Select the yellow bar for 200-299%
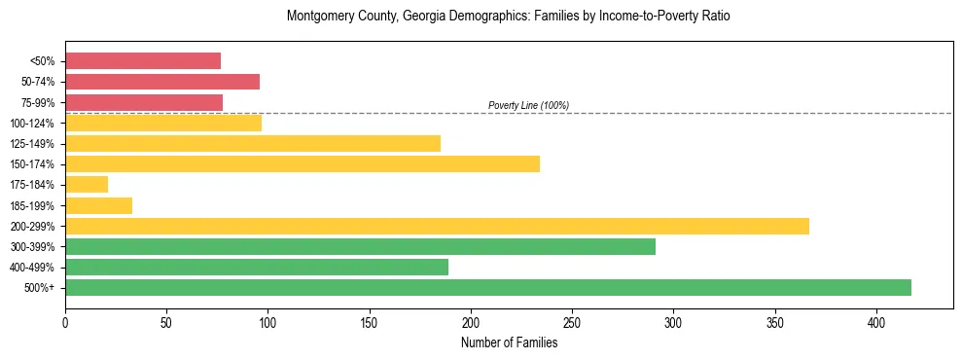[x=437, y=226]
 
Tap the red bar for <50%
[x=143, y=60]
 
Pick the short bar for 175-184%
[x=87, y=184]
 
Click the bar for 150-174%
[x=303, y=163]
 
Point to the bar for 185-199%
[x=98, y=205]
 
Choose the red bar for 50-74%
[x=162, y=81]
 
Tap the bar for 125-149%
[x=253, y=143]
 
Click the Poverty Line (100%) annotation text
[x=528, y=105]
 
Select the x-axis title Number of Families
[x=509, y=342]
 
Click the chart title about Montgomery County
[x=508, y=17]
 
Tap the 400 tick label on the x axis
[x=876, y=322]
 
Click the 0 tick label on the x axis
[x=65, y=322]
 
